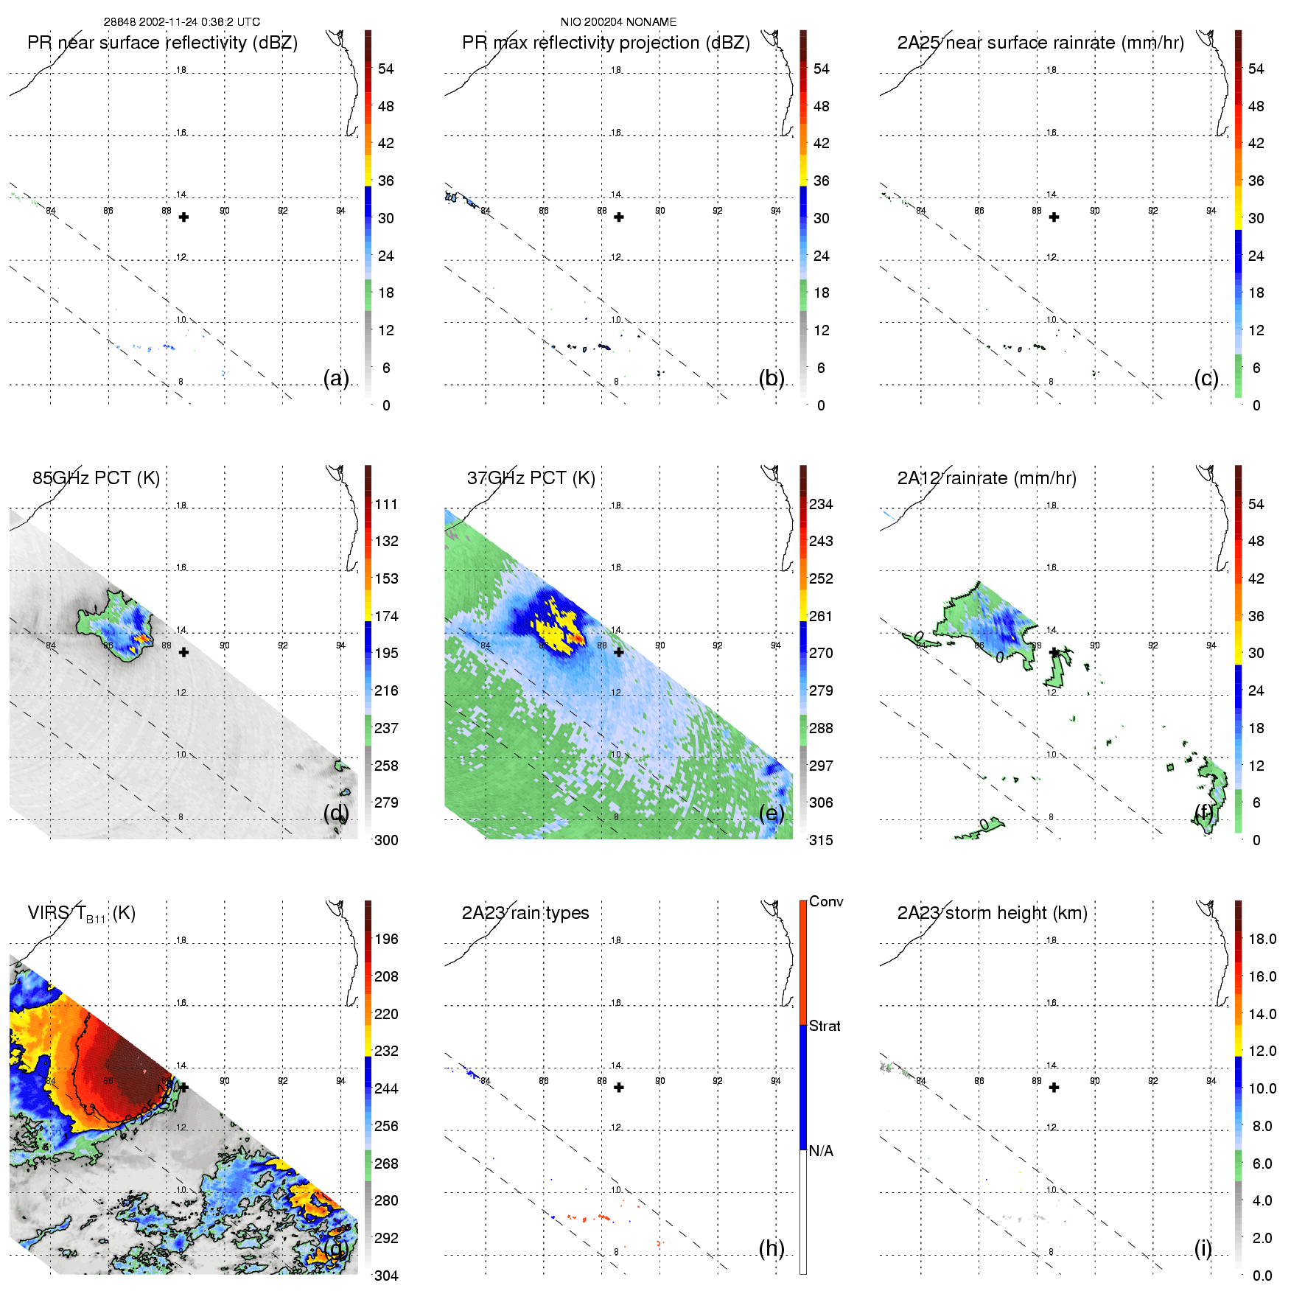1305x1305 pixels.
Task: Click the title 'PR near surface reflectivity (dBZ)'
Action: (162, 43)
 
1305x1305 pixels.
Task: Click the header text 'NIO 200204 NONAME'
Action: (618, 22)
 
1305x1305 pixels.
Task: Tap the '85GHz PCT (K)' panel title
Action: (96, 478)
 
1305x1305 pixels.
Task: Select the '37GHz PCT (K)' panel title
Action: (531, 478)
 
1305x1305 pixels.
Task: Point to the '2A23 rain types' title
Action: (525, 913)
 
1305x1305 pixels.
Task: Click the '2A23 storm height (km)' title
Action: (992, 913)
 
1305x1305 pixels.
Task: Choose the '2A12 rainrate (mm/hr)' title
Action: (987, 478)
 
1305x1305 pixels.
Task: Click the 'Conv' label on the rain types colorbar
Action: (826, 901)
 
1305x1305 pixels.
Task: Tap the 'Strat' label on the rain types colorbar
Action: (825, 1026)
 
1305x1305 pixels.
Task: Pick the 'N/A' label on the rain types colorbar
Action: (821, 1151)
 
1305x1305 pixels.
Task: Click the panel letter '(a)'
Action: (336, 378)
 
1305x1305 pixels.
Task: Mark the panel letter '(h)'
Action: (772, 1248)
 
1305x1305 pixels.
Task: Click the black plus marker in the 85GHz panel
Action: (183, 652)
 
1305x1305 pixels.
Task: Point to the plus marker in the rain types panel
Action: (619, 1087)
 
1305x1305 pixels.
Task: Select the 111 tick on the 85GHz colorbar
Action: (386, 504)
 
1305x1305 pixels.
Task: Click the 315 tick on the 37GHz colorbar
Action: (821, 840)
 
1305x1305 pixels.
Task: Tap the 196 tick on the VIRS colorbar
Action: (386, 939)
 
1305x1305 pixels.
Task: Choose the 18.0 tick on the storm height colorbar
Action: (1262, 939)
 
